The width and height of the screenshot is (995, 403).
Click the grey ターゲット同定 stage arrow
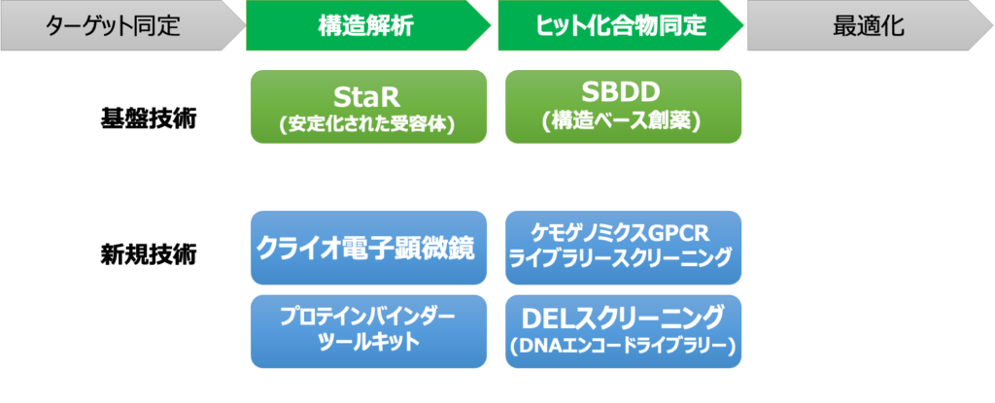(x=120, y=25)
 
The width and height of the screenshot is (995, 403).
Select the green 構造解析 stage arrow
(x=366, y=25)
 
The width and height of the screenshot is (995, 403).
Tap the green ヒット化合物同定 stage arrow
(x=619, y=25)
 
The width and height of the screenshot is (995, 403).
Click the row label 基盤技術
(x=148, y=119)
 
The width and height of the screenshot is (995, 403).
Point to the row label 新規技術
(x=148, y=254)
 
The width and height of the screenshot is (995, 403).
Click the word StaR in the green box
(x=368, y=96)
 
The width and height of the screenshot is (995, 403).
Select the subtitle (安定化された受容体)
(x=368, y=123)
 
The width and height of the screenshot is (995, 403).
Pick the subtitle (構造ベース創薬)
(x=623, y=121)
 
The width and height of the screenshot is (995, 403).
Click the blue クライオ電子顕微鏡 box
(x=368, y=249)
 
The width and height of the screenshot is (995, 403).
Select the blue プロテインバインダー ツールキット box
(x=368, y=331)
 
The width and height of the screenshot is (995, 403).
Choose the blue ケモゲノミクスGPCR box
(x=623, y=249)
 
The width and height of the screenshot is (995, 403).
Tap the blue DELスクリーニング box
(x=623, y=331)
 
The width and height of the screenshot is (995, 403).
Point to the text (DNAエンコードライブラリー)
(x=623, y=346)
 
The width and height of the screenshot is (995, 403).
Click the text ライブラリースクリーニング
(x=623, y=258)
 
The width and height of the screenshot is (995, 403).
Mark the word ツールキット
(x=368, y=342)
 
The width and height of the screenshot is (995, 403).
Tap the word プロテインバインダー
(x=368, y=318)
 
